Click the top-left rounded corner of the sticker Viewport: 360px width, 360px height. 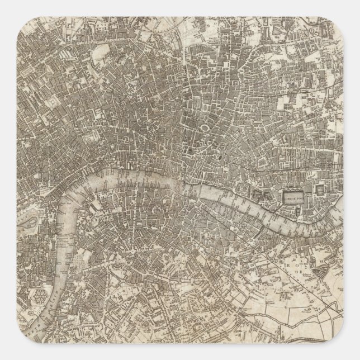[7, 7]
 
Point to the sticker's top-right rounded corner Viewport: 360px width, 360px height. [353, 7]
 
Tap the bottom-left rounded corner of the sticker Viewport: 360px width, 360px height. [7, 353]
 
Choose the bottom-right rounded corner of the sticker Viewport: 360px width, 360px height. [353, 353]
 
